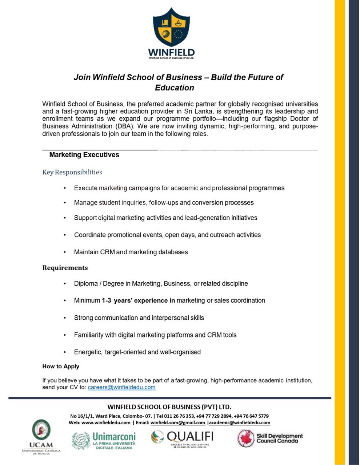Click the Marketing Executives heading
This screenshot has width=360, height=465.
[84, 155]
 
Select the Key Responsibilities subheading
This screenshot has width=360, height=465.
[72, 172]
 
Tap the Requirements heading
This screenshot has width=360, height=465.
[65, 268]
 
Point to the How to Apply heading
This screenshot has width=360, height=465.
[61, 366]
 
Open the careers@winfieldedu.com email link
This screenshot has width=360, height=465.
[121, 387]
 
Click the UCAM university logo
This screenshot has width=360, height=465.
[41, 436]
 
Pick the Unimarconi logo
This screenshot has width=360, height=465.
[104, 440]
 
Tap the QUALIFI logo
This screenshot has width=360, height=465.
[182, 438]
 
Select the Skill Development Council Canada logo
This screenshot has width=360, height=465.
[270, 438]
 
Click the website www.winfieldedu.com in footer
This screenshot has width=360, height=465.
[106, 422]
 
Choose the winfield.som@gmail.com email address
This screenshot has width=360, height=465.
[178, 422]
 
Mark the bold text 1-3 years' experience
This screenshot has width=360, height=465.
[138, 300]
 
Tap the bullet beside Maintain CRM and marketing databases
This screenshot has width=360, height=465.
[65, 252]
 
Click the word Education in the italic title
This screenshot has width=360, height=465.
[175, 88]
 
